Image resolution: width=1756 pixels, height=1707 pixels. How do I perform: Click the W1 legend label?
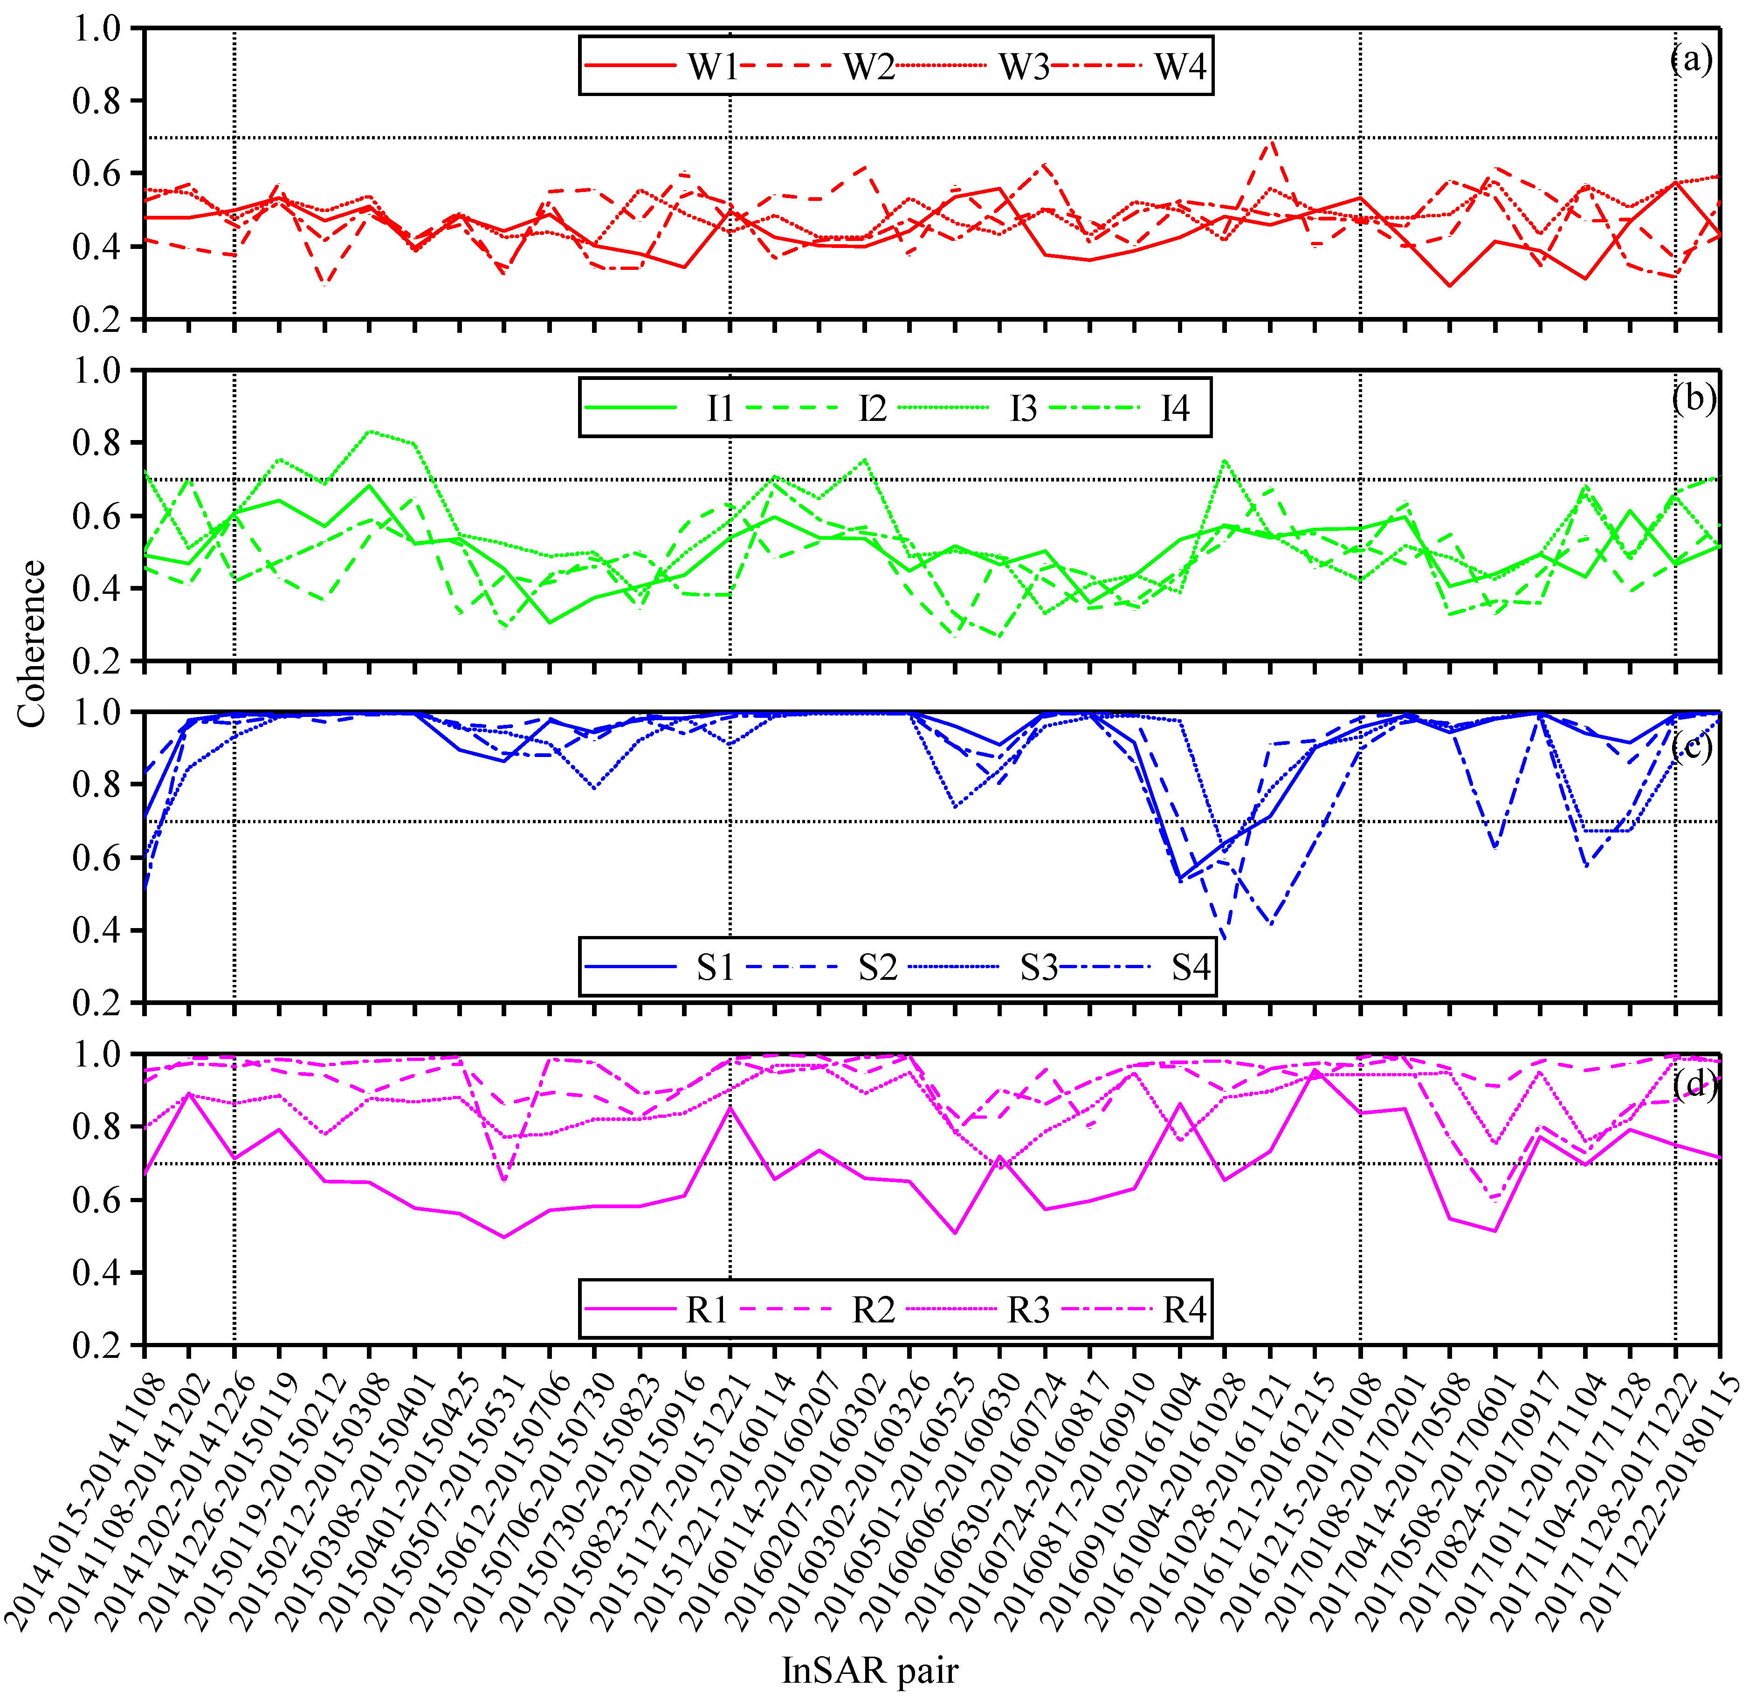pos(713,66)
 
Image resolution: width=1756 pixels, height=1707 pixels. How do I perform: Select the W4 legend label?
pos(1180,66)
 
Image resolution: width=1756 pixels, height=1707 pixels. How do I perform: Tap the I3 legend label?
pos(1023,409)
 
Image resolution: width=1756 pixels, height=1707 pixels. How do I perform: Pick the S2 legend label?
pos(878,967)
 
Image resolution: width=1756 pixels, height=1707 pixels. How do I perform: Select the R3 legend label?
pos(1028,1310)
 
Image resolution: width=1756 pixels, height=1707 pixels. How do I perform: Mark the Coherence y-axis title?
pos(31,644)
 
